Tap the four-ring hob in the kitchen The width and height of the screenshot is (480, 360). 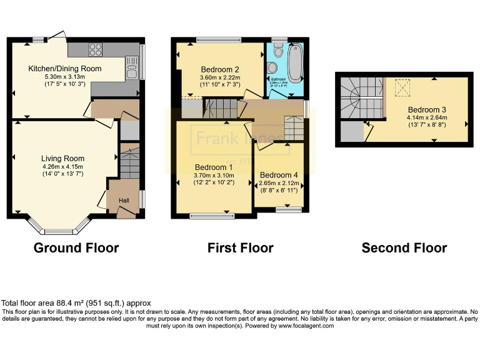click(x=96, y=49)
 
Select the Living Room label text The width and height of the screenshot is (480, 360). click(x=62, y=158)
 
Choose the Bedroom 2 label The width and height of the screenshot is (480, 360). click(x=220, y=69)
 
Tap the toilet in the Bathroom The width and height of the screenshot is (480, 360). click(x=278, y=49)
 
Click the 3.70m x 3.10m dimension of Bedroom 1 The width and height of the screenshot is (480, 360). click(x=213, y=176)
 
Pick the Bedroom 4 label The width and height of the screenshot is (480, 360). click(x=279, y=174)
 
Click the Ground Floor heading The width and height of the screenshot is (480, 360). click(x=76, y=248)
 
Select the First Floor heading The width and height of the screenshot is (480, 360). click(x=240, y=248)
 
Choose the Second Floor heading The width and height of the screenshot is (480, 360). click(x=404, y=248)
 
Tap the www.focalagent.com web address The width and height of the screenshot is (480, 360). click(x=306, y=326)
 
